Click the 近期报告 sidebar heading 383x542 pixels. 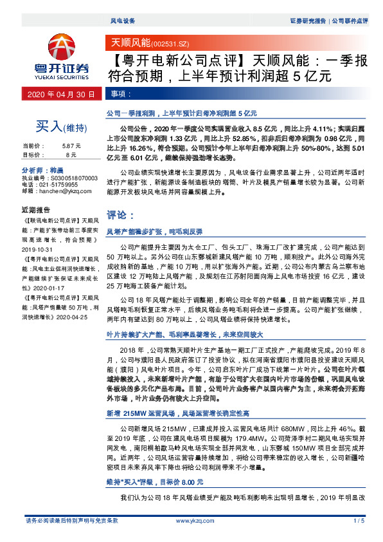coord(37,210)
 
